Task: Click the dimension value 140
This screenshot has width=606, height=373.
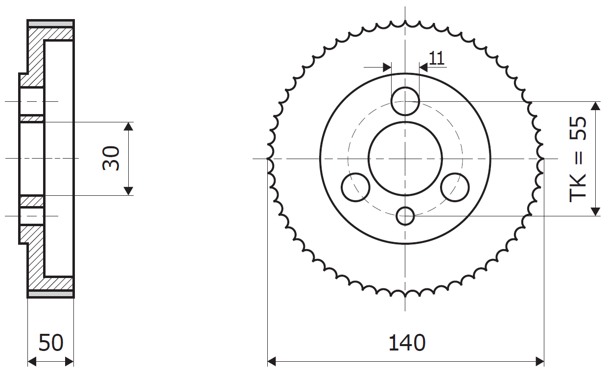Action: click(x=407, y=343)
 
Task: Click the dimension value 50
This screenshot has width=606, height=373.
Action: click(x=51, y=343)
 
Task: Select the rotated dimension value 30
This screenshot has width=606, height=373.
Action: click(x=111, y=158)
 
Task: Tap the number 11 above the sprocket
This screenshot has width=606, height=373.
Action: click(x=436, y=58)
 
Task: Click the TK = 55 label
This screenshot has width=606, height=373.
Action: click(x=578, y=159)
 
